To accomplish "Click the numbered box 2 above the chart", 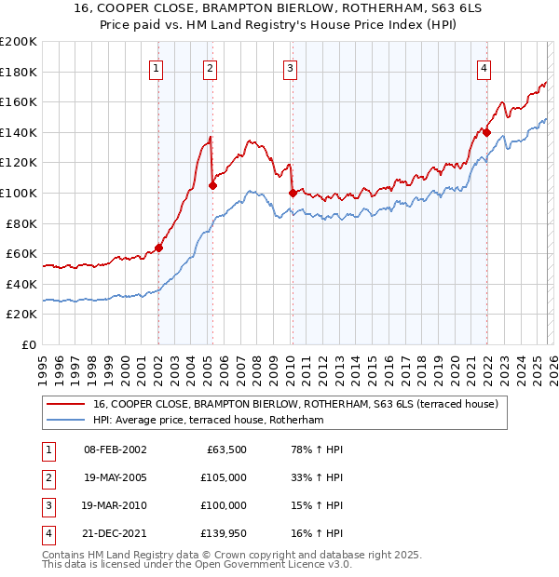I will pyautogui.click(x=210, y=68).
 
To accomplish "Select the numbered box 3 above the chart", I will pyautogui.click(x=290, y=68).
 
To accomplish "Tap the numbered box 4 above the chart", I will pyautogui.click(x=484, y=68).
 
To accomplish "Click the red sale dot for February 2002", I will pyautogui.click(x=158, y=248).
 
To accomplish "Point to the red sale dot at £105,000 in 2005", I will pyautogui.click(x=212, y=185).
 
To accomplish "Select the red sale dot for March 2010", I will pyautogui.click(x=293, y=193).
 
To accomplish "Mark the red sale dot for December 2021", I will pyautogui.click(x=486, y=132).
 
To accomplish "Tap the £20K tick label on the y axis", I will pyautogui.click(x=21, y=315).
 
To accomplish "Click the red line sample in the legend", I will pyautogui.click(x=67, y=404).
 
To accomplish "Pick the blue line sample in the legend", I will pyautogui.click(x=67, y=421).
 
